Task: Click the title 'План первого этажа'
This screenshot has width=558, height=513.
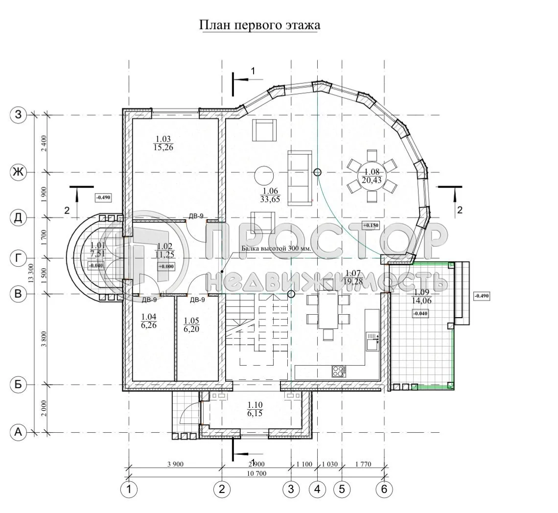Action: point(259,25)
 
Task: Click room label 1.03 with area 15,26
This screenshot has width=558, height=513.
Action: point(163,143)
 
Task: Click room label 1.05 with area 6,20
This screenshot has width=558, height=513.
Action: point(192,325)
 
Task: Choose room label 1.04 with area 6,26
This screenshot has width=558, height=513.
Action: point(148,321)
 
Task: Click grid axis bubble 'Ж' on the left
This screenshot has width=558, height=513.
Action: point(18,172)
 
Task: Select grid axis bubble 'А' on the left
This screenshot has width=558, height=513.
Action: point(18,432)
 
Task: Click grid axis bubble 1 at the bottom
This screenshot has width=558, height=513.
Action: point(129,489)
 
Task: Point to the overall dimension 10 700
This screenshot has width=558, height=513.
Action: point(255,473)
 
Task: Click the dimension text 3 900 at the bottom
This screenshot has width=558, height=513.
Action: point(175,464)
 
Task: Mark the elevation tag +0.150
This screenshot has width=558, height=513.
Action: point(371,225)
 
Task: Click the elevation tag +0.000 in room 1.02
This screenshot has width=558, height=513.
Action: point(166,266)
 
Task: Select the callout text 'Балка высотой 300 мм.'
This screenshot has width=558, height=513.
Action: point(273,248)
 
